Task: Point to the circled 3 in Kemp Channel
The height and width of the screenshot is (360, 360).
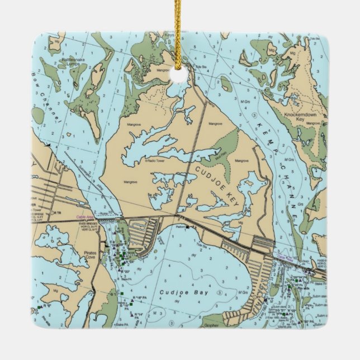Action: (x=255, y=114)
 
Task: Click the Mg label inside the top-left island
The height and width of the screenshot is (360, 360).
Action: (x=55, y=40)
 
